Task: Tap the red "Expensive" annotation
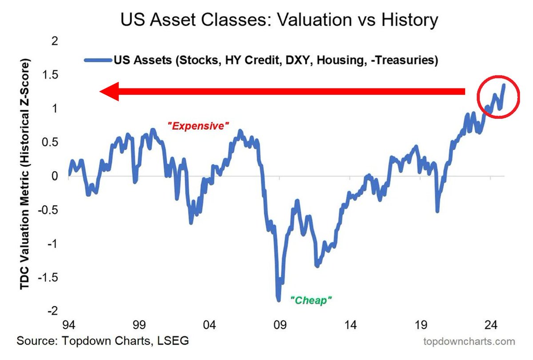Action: tap(199, 126)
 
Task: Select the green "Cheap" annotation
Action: tap(311, 300)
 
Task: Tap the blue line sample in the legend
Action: tap(98, 60)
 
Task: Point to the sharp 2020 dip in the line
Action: tap(438, 211)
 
